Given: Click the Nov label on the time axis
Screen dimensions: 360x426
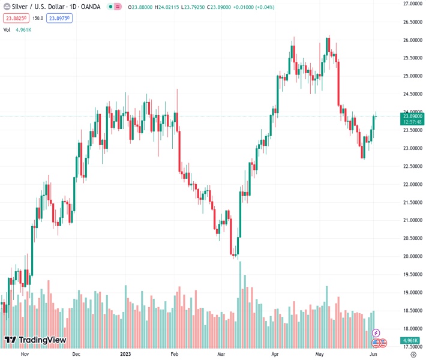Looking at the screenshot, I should [x=25, y=354].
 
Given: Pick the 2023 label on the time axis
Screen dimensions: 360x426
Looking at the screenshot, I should [x=125, y=354].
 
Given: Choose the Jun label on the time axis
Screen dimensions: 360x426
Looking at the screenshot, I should [x=373, y=354].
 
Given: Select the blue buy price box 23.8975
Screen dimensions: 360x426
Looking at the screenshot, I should [x=60, y=18].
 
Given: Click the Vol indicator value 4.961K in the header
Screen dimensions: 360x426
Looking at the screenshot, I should [x=25, y=29].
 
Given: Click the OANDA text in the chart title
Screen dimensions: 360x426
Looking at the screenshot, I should [x=91, y=6].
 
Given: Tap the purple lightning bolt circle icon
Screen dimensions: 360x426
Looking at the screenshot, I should [x=376, y=332].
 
